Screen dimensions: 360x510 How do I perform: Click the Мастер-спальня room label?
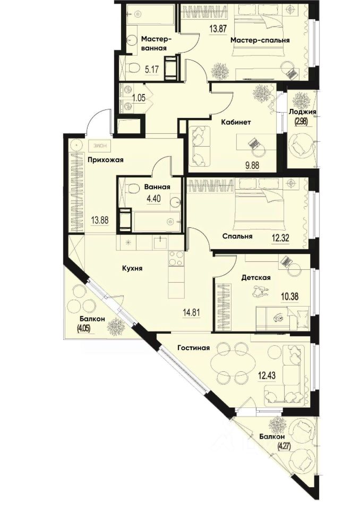260,40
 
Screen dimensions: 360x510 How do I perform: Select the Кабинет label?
236,122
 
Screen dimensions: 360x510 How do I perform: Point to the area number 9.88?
252,164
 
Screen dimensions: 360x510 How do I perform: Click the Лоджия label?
303,112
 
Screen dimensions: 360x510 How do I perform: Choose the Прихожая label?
105,160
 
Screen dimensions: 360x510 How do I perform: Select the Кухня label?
132,269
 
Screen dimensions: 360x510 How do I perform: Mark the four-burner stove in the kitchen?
176,259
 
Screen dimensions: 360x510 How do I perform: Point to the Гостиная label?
193,347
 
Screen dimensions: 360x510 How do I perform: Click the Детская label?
256,278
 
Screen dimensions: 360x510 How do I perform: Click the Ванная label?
157,187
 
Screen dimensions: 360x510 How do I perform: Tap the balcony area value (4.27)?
283,444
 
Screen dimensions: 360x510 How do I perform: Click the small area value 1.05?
139,98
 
